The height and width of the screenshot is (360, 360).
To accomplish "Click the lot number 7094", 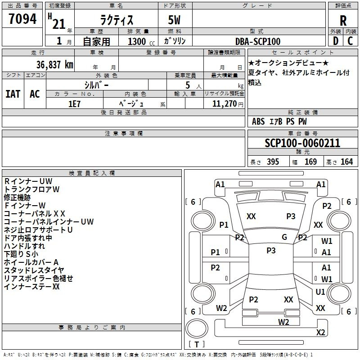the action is (22, 19).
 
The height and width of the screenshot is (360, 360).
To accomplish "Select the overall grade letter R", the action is (343, 21).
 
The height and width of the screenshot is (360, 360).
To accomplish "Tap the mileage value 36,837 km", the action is (55, 65).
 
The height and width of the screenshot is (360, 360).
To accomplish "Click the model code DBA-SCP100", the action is (258, 41).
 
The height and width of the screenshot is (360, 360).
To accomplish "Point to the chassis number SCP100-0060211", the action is (302, 143).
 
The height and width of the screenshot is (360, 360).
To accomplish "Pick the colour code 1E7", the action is (74, 104).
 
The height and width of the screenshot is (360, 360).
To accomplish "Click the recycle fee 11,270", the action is (224, 104).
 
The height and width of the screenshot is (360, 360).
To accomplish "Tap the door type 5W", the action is (174, 20).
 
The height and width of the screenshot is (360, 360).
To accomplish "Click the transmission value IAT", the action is (13, 94).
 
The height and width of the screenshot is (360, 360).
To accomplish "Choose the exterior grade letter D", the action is (336, 41).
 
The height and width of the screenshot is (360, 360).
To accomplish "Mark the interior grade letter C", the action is (350, 41).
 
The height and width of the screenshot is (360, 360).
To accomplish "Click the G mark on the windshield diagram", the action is (284, 237).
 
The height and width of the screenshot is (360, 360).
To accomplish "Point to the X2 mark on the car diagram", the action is (321, 332).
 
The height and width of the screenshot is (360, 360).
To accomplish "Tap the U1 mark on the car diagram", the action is (320, 292).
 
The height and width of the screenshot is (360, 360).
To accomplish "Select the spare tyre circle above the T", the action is (197, 329).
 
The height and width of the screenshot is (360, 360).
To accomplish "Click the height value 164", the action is (346, 162).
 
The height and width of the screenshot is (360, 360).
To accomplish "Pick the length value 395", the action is (273, 162).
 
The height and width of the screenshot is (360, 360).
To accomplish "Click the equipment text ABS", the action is (258, 121).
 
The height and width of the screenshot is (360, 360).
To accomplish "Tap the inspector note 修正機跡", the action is (17, 198).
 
